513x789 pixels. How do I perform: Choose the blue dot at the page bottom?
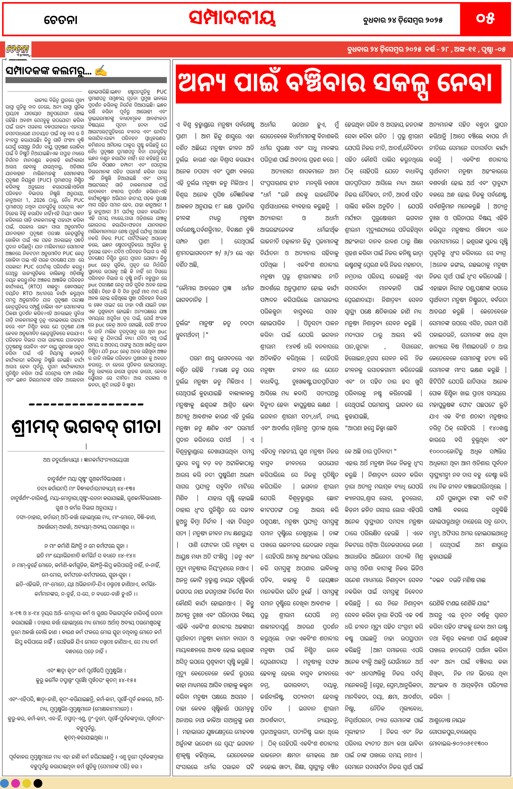point(5,783)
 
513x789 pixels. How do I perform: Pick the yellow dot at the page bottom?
point(27,783)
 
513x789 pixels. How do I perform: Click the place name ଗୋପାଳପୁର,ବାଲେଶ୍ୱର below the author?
point(453,732)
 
